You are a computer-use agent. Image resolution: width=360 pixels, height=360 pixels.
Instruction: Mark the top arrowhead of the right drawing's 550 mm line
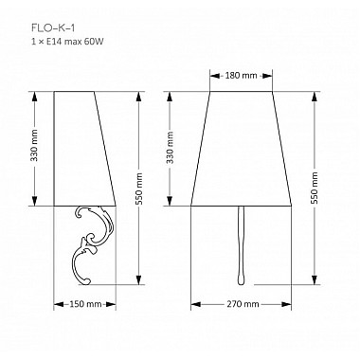pos(315,94)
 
